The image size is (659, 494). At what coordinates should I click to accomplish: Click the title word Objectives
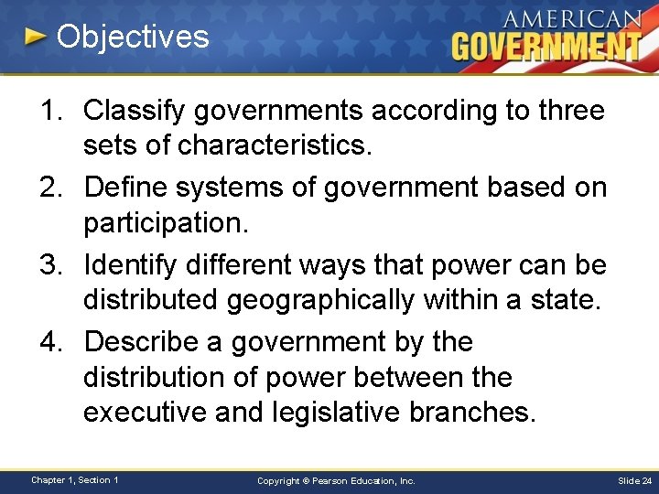coord(133,38)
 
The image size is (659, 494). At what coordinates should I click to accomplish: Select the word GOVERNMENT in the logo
coord(546,47)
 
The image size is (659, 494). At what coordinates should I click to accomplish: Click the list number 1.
coord(49,111)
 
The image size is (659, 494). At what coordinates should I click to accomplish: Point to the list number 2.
coord(49,188)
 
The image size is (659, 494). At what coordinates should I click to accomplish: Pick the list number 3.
coord(49,264)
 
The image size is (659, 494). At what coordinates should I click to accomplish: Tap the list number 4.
coord(49,341)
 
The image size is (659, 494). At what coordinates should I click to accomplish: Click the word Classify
coord(132,111)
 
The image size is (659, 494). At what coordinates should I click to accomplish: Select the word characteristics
coord(255,146)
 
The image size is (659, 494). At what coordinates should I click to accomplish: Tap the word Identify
coord(131,264)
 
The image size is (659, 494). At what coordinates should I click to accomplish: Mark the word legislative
coord(335,413)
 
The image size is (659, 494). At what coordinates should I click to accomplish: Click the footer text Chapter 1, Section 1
coord(75,479)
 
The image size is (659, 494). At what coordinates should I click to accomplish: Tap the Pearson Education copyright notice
coord(336,480)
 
